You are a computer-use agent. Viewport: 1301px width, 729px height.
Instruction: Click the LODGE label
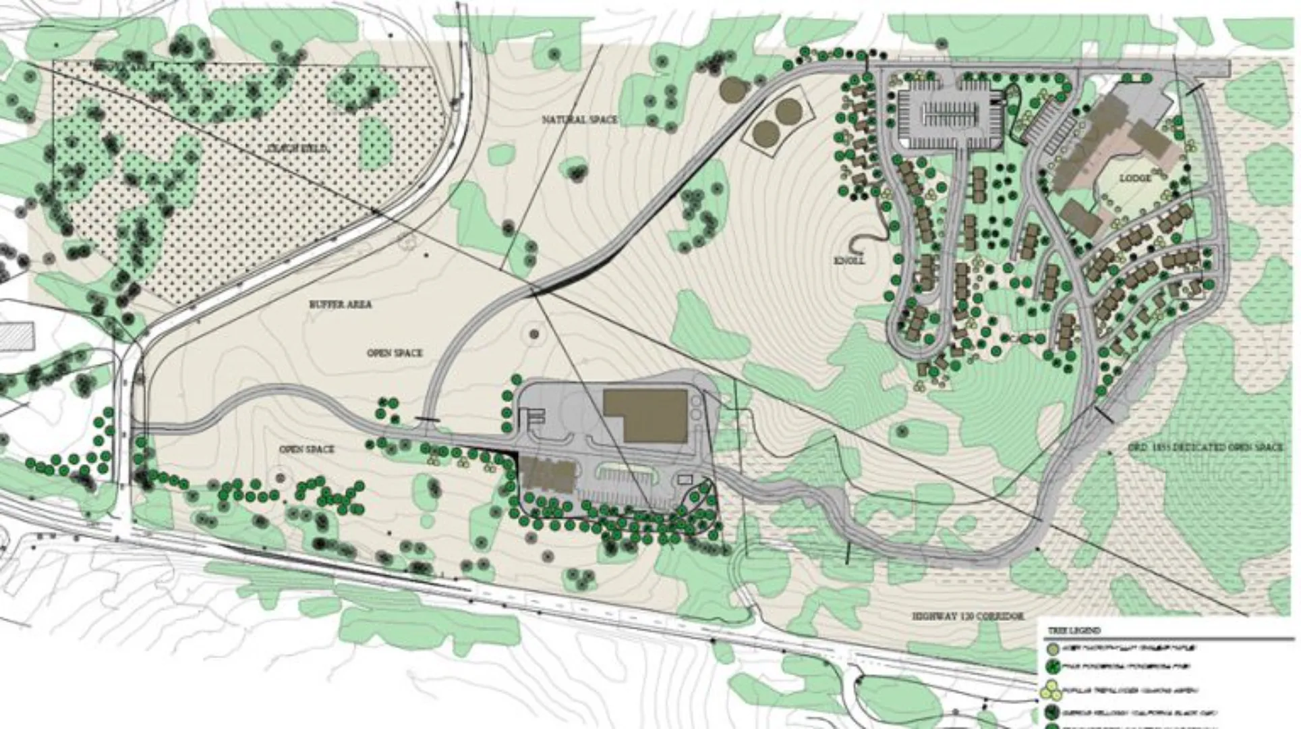[x=1136, y=178]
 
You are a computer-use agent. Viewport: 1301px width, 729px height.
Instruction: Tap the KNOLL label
[x=849, y=260]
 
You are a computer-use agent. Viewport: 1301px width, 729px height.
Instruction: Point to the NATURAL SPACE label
[x=579, y=119]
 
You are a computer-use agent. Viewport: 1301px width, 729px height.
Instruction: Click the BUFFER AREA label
[x=341, y=304]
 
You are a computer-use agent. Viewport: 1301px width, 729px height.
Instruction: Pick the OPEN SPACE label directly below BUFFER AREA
[x=395, y=353]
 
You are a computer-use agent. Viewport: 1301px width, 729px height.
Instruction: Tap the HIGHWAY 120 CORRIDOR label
[x=968, y=616]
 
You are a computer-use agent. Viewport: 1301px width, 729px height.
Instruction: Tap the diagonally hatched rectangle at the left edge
[x=17, y=335]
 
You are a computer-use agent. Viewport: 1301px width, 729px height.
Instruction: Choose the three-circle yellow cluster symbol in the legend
[x=1051, y=690]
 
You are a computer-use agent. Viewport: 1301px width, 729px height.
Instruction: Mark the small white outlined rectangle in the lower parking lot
[x=685, y=479]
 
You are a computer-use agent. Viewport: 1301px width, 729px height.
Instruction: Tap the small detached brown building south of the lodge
[x=1080, y=218]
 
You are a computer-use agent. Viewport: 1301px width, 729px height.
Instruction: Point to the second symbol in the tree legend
[x=1052, y=668]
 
